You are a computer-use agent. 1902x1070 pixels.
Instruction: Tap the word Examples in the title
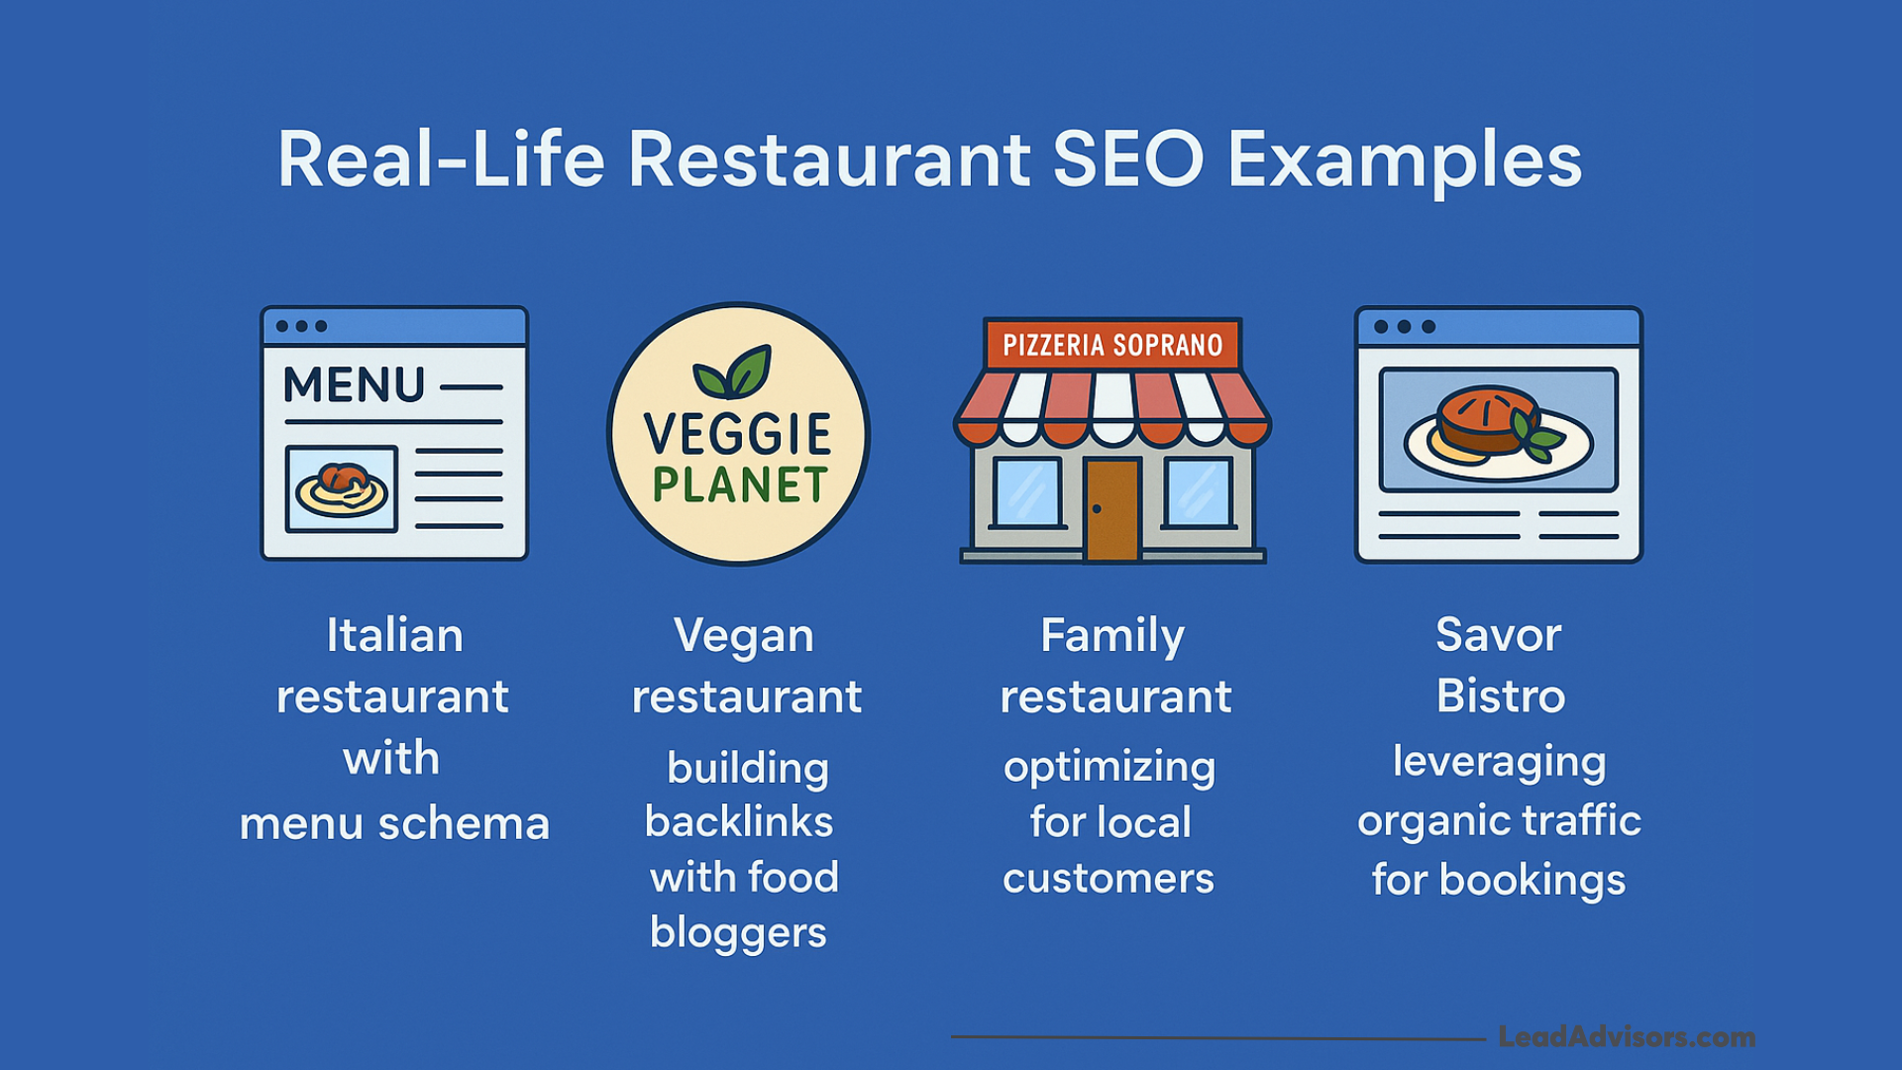point(1405,163)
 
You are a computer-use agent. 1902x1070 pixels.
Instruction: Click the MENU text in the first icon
point(354,384)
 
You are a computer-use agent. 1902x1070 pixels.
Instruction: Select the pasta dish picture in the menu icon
point(342,488)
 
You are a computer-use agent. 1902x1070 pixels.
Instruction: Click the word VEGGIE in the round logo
point(738,435)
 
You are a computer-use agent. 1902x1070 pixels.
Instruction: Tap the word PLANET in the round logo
point(739,485)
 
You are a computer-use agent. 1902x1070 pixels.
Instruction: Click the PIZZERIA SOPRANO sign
point(1112,345)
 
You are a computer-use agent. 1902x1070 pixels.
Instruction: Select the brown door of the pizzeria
point(1111,508)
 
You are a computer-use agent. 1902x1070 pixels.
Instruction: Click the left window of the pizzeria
point(1027,492)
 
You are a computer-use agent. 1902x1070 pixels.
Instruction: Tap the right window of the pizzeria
point(1198,492)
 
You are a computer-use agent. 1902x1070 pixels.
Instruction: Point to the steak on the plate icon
point(1486,419)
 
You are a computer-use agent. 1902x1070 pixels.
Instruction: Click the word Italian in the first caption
point(394,635)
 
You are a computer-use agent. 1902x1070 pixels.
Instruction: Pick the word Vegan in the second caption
point(743,637)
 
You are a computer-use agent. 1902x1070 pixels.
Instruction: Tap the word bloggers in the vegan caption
point(738,933)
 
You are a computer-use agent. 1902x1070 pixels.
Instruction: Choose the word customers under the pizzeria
point(1109,879)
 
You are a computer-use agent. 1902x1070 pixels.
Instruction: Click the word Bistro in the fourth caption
point(1501,695)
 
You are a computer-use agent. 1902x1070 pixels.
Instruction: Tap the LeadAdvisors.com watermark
point(1627,1037)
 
